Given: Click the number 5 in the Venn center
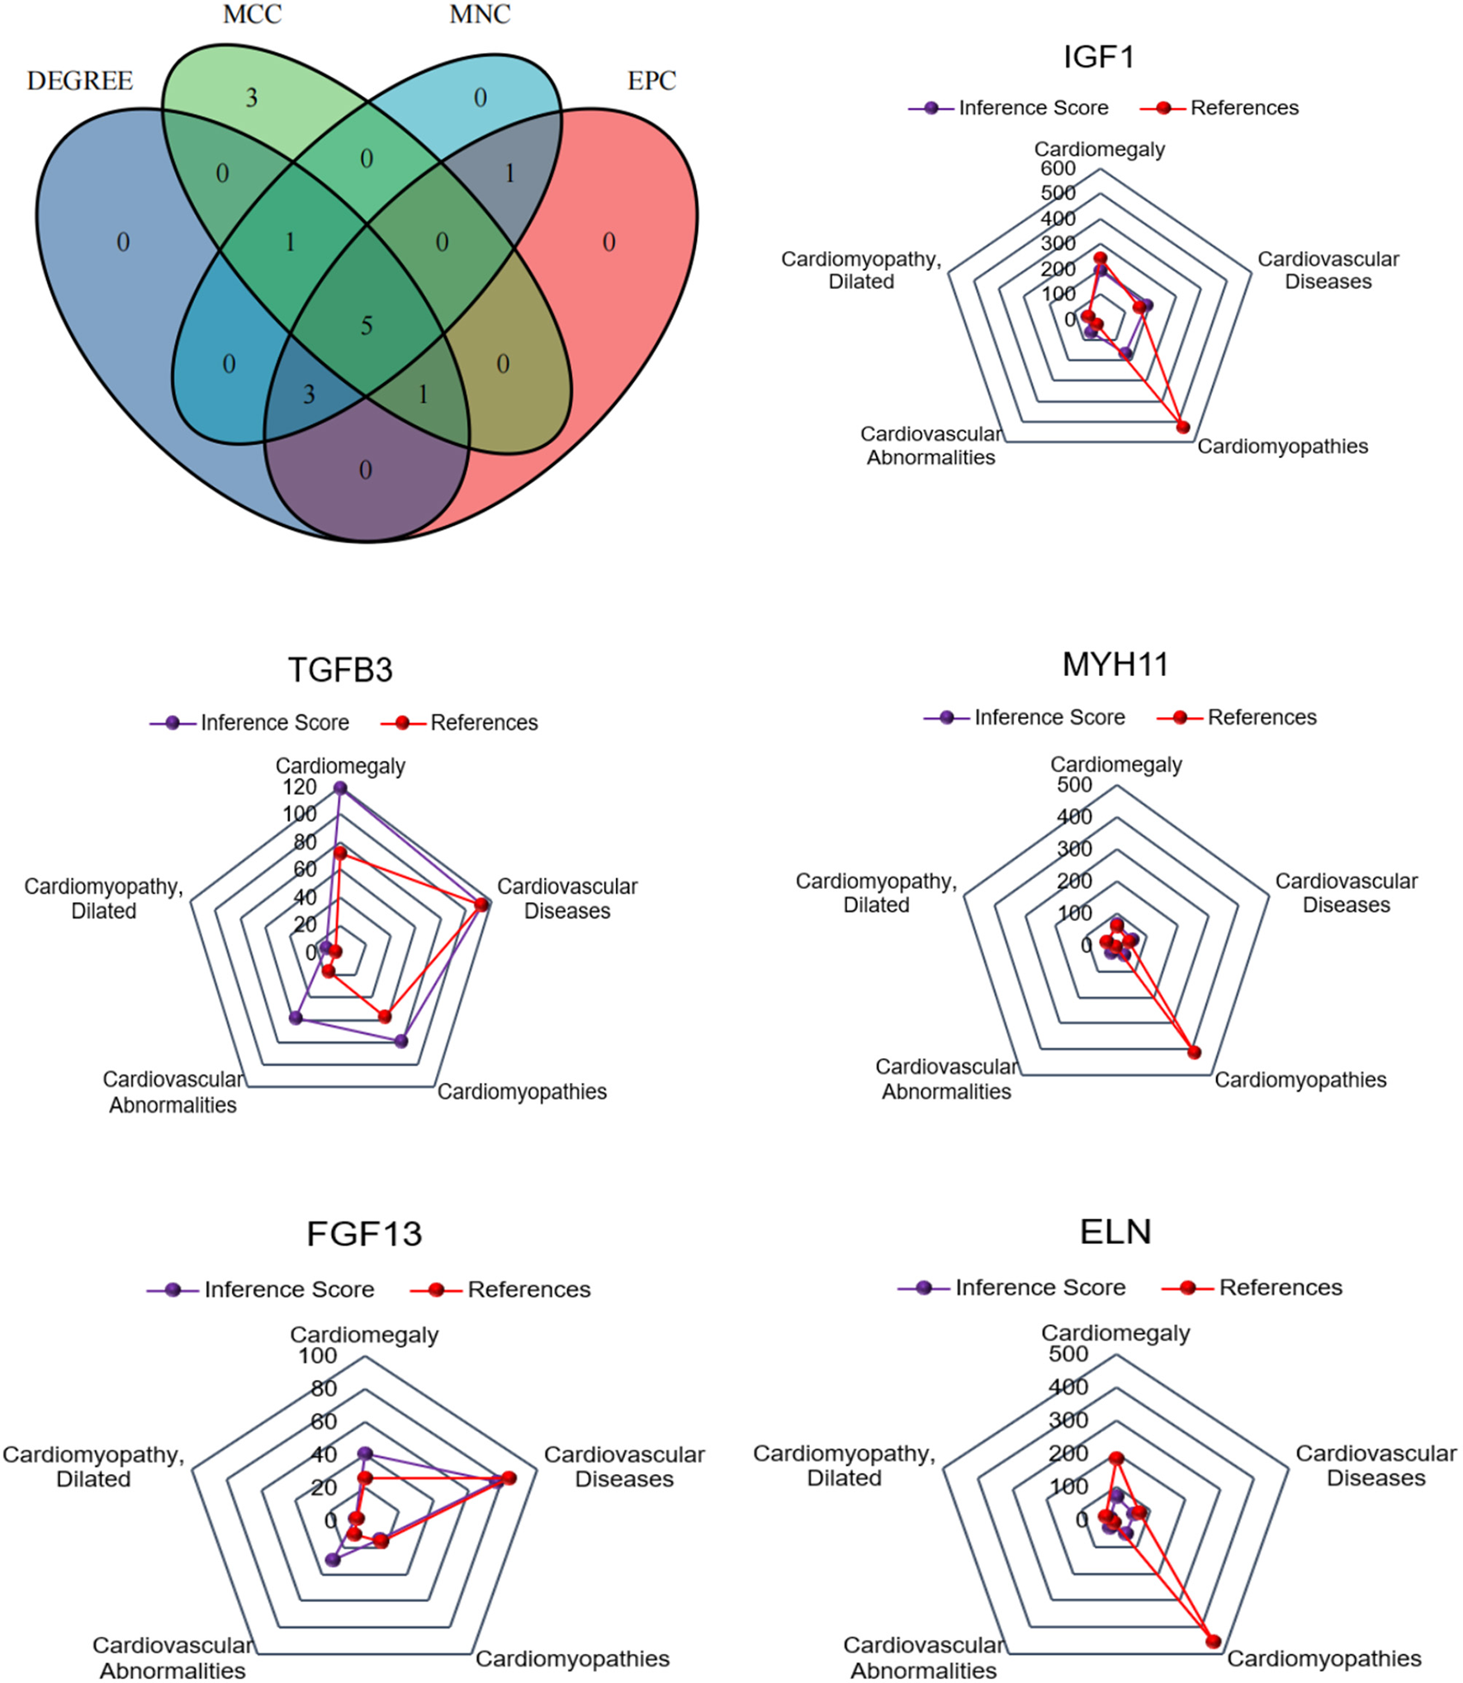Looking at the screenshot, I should (x=367, y=325).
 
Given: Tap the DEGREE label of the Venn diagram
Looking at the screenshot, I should (x=80, y=81).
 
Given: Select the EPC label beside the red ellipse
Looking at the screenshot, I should (x=651, y=81).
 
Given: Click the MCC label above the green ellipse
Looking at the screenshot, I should (x=252, y=14).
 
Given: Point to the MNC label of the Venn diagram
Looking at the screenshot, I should (x=480, y=14).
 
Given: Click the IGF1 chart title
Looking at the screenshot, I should (x=1098, y=57).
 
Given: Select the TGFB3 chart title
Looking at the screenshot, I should (x=340, y=670).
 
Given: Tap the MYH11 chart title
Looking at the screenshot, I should (x=1115, y=664).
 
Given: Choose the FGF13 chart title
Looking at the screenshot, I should (x=364, y=1234).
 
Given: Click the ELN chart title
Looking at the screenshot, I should (x=1115, y=1232).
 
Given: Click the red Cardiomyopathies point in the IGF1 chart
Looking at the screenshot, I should (x=1183, y=427).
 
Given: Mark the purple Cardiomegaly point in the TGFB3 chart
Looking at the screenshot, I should (x=339, y=788).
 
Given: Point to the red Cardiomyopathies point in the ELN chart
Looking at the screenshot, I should (x=1213, y=1641).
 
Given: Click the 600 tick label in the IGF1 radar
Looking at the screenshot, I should (x=1058, y=168).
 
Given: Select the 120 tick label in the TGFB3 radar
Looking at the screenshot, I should (x=299, y=787).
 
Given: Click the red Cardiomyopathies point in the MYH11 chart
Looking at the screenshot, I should (x=1194, y=1052).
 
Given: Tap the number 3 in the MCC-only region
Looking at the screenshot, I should (x=252, y=98).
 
